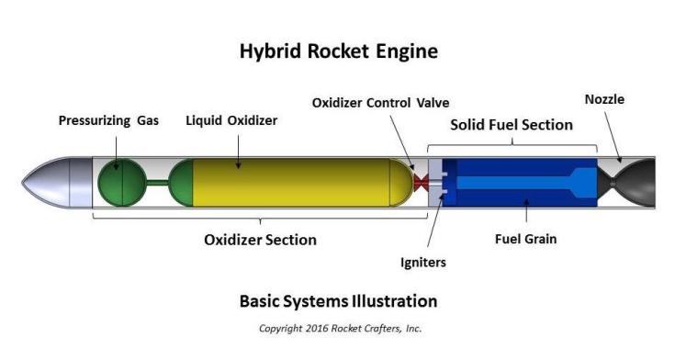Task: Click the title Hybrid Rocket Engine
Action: tap(338, 52)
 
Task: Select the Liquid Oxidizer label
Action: tap(231, 120)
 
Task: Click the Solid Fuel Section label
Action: tap(512, 124)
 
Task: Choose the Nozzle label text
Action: tap(604, 99)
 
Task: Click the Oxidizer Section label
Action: tap(260, 240)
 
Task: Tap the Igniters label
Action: tap(423, 263)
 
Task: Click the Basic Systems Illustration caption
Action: tap(338, 300)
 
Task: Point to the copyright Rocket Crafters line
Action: tap(338, 328)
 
